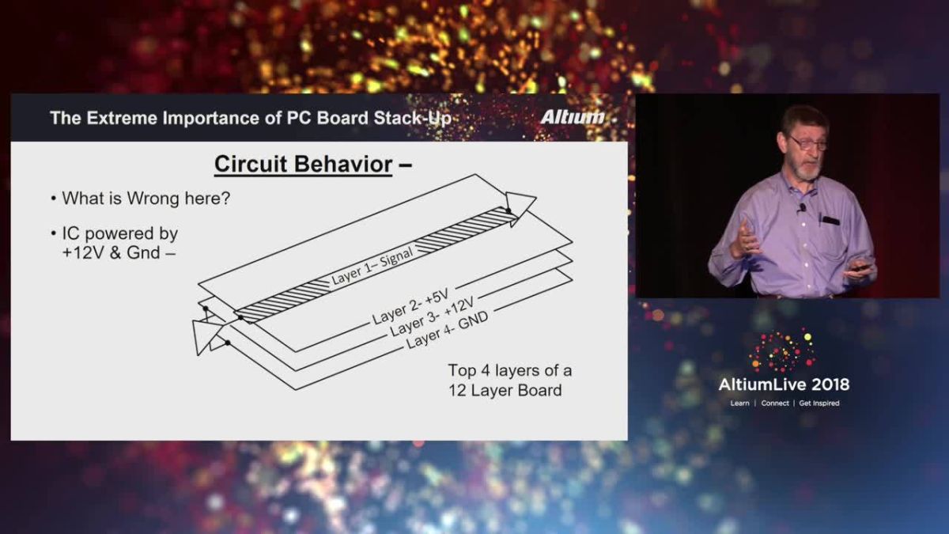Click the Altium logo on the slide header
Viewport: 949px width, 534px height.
(x=573, y=118)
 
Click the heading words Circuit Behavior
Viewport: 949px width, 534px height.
(x=304, y=165)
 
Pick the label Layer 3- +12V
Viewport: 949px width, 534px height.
(x=432, y=317)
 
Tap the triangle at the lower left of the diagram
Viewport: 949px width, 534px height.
(x=205, y=335)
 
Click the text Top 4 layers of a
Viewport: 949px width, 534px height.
(x=510, y=370)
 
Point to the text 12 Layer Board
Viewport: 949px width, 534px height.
(x=505, y=390)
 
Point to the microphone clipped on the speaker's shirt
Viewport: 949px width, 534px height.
(x=801, y=208)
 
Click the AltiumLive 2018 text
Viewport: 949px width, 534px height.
(x=784, y=384)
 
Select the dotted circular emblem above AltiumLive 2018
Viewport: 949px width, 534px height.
(x=782, y=350)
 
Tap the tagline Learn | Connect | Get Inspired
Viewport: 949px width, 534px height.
(x=785, y=403)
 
